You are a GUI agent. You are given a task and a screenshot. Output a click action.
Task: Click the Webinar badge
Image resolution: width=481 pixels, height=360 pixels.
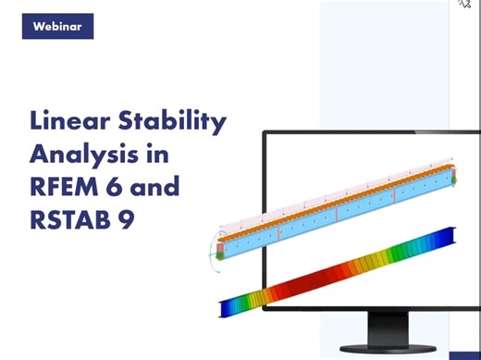point(56,26)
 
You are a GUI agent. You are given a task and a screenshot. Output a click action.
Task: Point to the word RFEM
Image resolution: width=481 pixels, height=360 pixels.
point(66,187)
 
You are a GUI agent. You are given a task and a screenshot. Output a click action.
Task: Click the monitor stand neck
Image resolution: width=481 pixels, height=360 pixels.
point(399,328)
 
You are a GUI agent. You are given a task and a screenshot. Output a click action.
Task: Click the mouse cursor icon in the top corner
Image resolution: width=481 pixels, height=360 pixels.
point(464,5)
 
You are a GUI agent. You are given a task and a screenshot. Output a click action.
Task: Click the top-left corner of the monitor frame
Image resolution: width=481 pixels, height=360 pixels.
point(265,132)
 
